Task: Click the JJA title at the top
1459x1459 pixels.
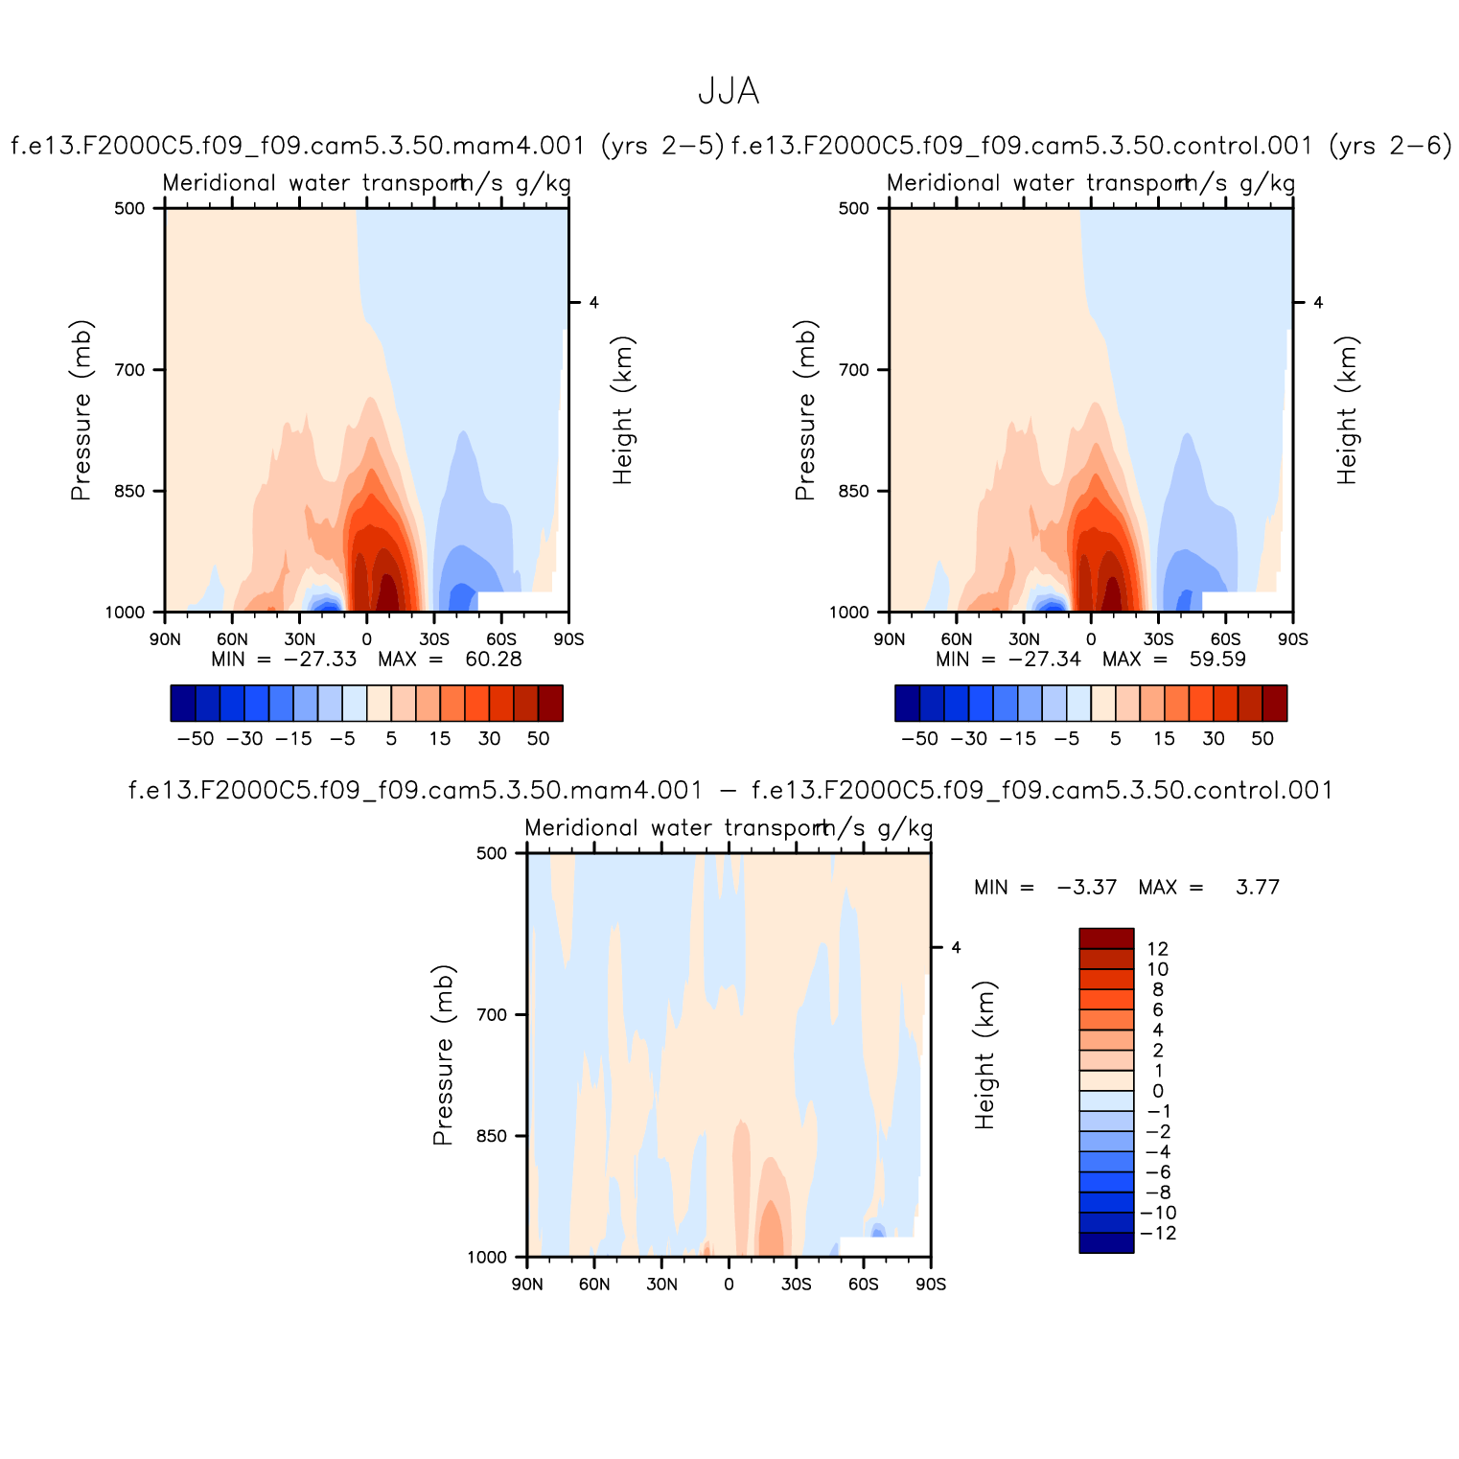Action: pyautogui.click(x=729, y=92)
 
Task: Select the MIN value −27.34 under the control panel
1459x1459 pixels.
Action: pyautogui.click(x=1044, y=660)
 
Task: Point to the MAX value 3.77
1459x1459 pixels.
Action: pyautogui.click(x=1257, y=888)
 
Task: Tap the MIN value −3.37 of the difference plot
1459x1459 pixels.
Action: pyautogui.click(x=1087, y=888)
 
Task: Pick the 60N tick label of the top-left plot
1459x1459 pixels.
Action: pyautogui.click(x=232, y=639)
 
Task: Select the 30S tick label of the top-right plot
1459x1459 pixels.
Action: pyautogui.click(x=1158, y=639)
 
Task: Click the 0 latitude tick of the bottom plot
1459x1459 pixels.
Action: pyautogui.click(x=729, y=1285)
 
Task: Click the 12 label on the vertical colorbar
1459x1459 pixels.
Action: pyautogui.click(x=1158, y=949)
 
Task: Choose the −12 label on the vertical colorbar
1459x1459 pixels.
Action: pyautogui.click(x=1161, y=1233)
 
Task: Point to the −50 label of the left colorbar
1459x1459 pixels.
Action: pyautogui.click(x=196, y=739)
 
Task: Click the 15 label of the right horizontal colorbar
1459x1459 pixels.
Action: pyautogui.click(x=1164, y=739)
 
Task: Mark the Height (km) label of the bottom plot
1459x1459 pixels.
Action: pyautogui.click(x=985, y=1054)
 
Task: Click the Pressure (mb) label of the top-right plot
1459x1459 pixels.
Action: pyautogui.click(x=805, y=410)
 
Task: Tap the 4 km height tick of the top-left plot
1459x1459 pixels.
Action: pyautogui.click(x=593, y=303)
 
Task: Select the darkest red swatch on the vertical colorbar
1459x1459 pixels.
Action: pyautogui.click(x=1106, y=938)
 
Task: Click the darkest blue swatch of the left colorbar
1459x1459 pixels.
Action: pyautogui.click(x=183, y=703)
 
